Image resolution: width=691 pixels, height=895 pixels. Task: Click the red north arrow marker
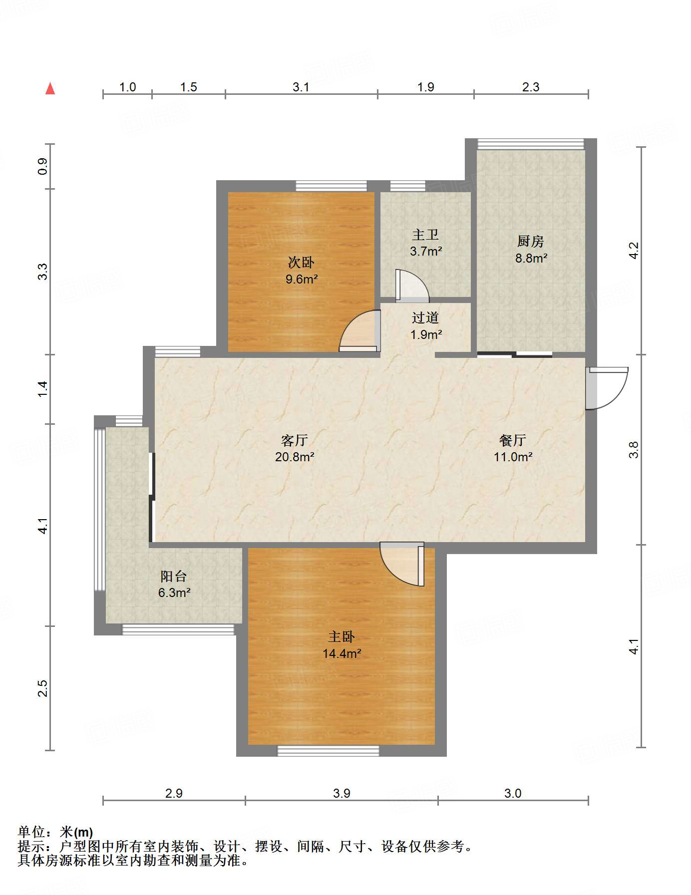[x=50, y=88]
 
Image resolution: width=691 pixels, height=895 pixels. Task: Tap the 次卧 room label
[x=301, y=262]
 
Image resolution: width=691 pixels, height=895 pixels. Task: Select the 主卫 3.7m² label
[x=426, y=243]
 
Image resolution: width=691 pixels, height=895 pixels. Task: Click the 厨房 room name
[x=530, y=241]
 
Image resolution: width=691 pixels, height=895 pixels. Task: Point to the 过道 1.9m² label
[x=426, y=326]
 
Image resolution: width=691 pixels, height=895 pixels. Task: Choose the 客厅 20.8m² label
[x=295, y=448]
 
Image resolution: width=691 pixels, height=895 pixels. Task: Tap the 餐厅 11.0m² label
[x=513, y=448]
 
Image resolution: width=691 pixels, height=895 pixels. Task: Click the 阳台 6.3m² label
[x=174, y=584]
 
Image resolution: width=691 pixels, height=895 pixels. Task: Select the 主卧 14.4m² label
[x=342, y=644]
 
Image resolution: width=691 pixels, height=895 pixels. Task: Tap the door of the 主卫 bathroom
[x=412, y=286]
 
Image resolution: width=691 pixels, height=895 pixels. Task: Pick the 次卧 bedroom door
[x=359, y=331]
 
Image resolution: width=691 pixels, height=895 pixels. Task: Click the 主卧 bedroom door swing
[x=402, y=564]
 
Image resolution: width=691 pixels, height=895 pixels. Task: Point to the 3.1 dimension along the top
[x=301, y=87]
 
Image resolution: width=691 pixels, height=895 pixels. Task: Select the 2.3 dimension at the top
[x=531, y=87]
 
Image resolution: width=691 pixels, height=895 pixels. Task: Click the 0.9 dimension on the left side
[x=43, y=166]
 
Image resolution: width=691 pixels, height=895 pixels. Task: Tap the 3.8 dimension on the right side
[x=634, y=450]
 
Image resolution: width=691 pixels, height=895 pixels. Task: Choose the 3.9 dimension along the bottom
[x=342, y=793]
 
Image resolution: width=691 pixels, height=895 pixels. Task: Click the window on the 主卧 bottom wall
[x=329, y=750]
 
